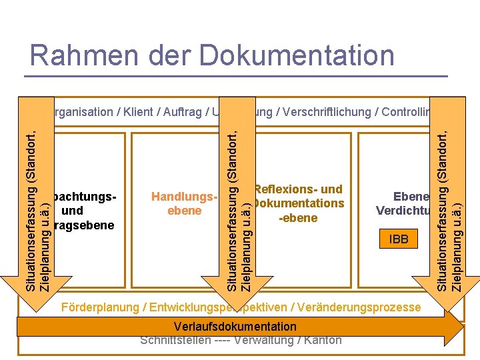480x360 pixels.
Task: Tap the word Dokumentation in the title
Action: point(297,55)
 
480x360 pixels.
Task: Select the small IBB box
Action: point(399,239)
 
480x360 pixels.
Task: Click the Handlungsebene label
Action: point(185,204)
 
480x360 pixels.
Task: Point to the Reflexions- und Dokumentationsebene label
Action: point(298,203)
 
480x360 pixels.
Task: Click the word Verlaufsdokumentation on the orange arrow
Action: point(235,327)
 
